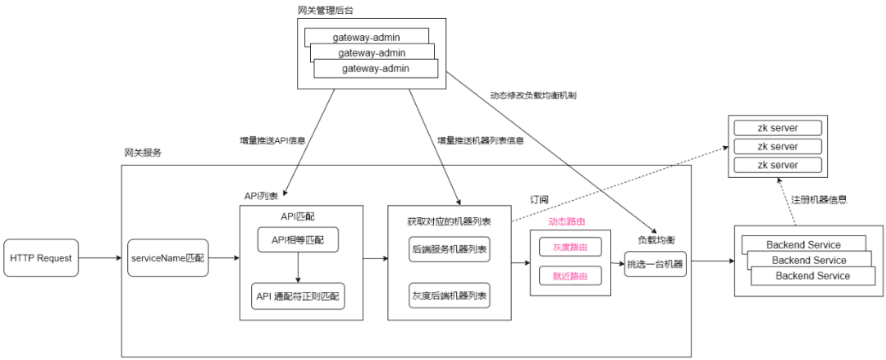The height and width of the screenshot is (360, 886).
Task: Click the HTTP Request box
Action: click(x=41, y=258)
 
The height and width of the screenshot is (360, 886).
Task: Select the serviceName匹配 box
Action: click(x=167, y=259)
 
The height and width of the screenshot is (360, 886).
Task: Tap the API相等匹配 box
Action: click(x=298, y=240)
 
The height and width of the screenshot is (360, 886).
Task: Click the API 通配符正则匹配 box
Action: click(x=298, y=295)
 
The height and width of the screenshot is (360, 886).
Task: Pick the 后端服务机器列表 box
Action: click(x=449, y=249)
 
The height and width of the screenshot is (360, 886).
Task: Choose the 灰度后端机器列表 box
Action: click(x=449, y=295)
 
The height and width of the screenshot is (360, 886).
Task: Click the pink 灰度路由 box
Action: click(x=569, y=246)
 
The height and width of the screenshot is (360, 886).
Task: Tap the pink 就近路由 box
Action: click(x=569, y=276)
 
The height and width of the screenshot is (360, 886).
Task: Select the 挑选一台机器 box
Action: click(x=655, y=264)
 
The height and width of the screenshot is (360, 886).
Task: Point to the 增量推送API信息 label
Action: click(x=272, y=140)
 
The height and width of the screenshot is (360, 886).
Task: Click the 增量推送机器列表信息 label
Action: click(x=481, y=140)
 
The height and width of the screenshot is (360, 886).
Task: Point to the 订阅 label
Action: click(x=539, y=198)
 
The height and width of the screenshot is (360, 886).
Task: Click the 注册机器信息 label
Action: click(x=819, y=199)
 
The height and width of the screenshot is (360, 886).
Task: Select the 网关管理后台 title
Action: click(x=326, y=9)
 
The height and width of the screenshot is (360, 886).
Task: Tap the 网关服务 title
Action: click(x=143, y=153)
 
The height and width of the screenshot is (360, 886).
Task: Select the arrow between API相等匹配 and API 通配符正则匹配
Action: click(x=298, y=267)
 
